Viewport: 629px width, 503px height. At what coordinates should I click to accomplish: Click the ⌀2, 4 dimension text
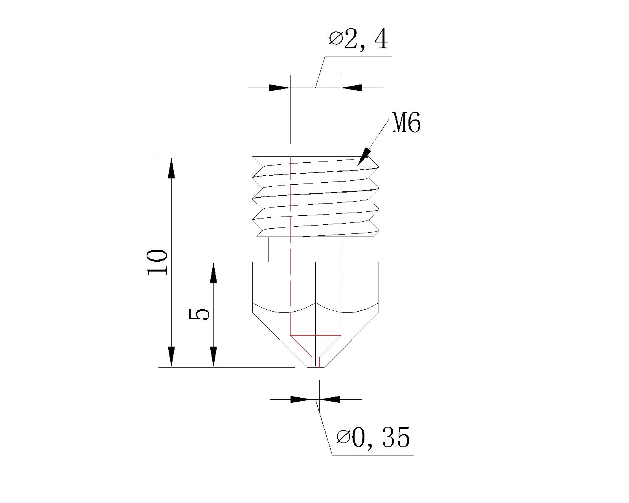[x=359, y=40]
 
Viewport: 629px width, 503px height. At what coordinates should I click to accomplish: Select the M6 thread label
[x=406, y=123]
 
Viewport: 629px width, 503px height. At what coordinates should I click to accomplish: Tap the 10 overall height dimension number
[x=157, y=262]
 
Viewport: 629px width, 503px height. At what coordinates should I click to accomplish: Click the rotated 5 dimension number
[x=199, y=314]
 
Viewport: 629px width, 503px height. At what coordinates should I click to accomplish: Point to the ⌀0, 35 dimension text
[x=373, y=437]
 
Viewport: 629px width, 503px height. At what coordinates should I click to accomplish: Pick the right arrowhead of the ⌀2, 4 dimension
[x=351, y=87]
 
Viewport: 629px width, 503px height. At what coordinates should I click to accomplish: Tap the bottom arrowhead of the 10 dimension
[x=171, y=356]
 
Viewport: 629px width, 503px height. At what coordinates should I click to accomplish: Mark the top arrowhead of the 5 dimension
[x=213, y=273]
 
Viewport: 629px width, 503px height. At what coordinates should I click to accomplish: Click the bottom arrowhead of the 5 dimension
[x=213, y=356]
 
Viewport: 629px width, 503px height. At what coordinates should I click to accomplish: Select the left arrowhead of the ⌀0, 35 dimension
[x=301, y=399]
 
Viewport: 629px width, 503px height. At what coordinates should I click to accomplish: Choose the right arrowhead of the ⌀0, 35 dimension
[x=329, y=399]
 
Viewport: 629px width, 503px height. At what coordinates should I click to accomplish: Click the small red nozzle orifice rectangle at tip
[x=316, y=362]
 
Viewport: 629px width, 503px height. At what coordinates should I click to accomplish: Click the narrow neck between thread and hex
[x=315, y=249]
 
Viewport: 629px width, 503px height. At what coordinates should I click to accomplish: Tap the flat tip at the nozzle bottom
[x=316, y=367]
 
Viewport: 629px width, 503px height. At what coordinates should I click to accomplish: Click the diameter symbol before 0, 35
[x=343, y=437]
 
